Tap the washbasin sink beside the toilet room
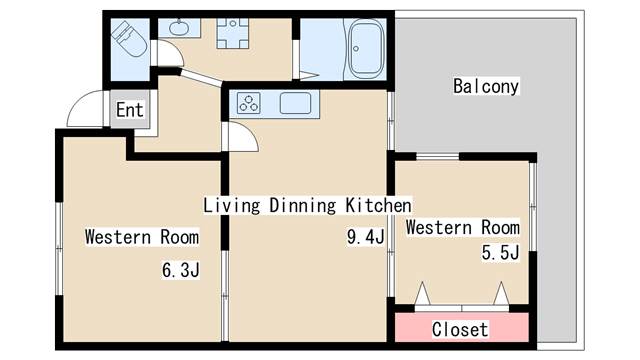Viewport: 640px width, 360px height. [179, 28]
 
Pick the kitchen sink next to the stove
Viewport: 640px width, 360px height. [297, 103]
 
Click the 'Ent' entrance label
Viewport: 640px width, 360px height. [129, 110]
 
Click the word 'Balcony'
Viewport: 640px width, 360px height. [485, 86]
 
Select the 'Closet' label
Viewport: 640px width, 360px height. [460, 328]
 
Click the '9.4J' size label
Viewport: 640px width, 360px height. [365, 237]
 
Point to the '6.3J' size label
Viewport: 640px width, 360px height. [181, 269]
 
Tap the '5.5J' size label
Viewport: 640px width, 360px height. [500, 253]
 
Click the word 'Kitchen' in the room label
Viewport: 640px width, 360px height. [378, 205]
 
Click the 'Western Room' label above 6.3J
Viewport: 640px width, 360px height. [141, 237]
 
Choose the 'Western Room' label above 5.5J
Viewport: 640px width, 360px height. [462, 227]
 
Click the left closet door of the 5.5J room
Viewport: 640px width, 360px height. [423, 295]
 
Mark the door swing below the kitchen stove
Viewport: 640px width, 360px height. [243, 138]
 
